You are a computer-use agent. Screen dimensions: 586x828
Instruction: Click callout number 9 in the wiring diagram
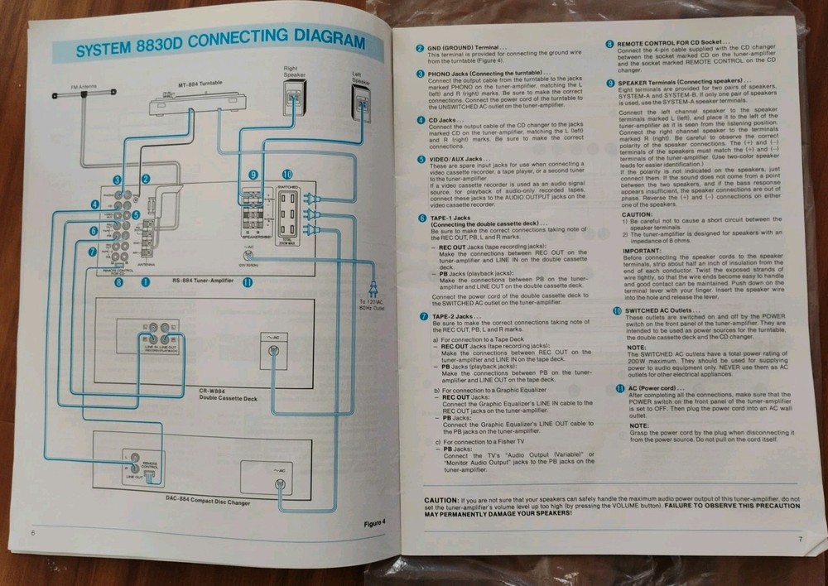click(x=253, y=175)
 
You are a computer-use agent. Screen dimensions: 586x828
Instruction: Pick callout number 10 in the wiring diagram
click(x=286, y=175)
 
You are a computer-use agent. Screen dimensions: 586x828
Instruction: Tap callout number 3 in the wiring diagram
click(x=118, y=180)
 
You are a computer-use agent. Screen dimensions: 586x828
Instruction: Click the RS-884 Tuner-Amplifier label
click(x=202, y=280)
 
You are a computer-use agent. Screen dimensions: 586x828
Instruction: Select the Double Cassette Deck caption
click(x=229, y=397)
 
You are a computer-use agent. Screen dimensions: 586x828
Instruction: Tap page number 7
click(x=801, y=540)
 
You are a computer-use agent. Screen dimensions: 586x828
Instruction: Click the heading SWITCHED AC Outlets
click(x=657, y=310)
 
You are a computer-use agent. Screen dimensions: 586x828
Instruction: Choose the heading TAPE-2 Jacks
click(x=450, y=316)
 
